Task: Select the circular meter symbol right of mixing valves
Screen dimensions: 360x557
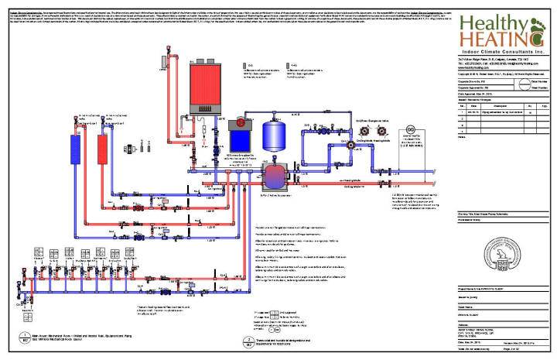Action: (412, 129)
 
